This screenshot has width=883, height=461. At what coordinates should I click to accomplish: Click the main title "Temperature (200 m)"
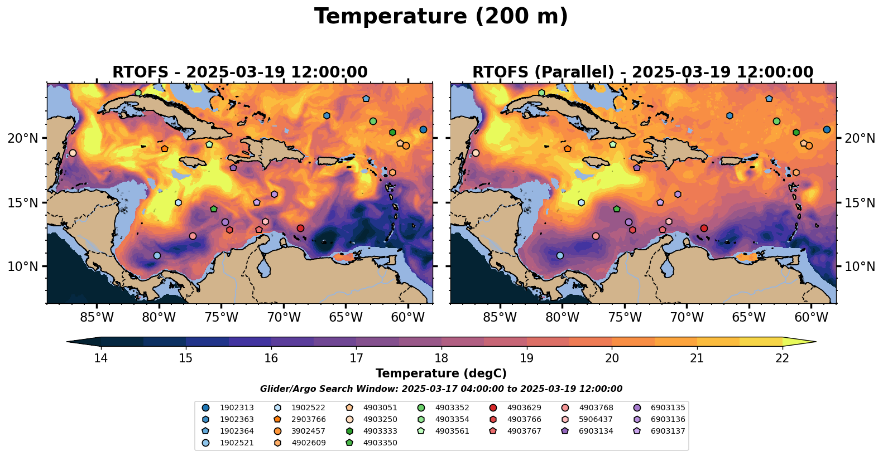coord(441,17)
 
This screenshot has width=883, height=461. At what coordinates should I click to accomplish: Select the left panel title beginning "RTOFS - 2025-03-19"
coord(240,72)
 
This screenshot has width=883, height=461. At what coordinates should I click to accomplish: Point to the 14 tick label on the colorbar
coord(101,358)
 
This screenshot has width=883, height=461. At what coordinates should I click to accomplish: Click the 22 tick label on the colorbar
coord(782,358)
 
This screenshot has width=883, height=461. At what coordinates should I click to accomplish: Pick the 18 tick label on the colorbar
coord(441,358)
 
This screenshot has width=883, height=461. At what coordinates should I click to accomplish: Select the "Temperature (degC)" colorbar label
coord(441,373)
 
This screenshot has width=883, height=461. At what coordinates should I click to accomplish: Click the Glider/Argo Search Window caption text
coord(441,389)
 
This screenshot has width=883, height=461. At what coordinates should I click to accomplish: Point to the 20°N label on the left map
coord(23,138)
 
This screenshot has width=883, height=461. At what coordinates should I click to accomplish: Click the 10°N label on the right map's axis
coord(860,266)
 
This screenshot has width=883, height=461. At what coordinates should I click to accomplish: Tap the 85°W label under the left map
coord(97,317)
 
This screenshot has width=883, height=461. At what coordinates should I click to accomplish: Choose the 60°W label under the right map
coord(811,317)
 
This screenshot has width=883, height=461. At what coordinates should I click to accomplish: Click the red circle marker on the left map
coord(300,229)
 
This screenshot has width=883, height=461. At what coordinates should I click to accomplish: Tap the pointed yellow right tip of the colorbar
coord(816,342)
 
